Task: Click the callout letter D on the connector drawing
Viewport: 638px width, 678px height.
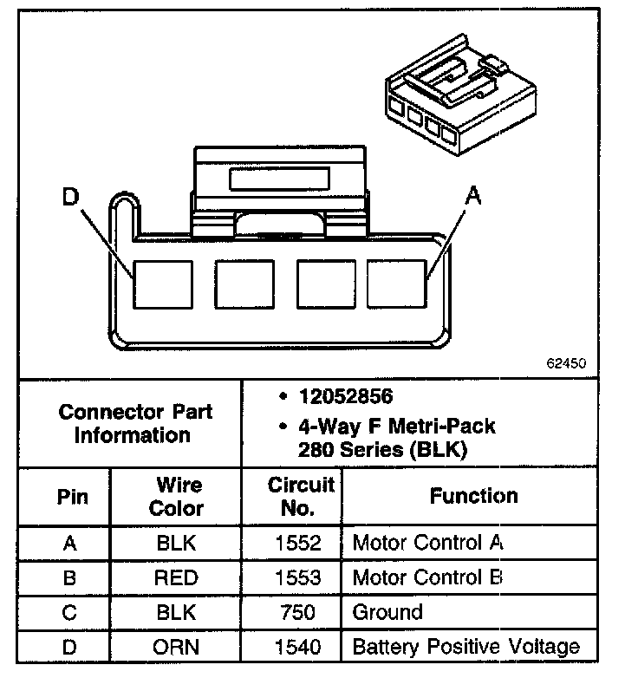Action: tap(70, 199)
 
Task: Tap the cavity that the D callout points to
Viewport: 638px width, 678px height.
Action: tap(162, 284)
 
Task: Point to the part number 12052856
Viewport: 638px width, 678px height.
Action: tap(345, 397)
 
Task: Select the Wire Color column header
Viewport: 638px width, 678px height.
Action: tap(176, 496)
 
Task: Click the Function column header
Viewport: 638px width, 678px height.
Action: tap(473, 496)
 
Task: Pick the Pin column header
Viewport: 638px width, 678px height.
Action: tap(71, 497)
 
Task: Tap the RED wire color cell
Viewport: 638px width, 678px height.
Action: tap(176, 577)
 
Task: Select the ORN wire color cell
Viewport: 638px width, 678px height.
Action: tap(176, 647)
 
